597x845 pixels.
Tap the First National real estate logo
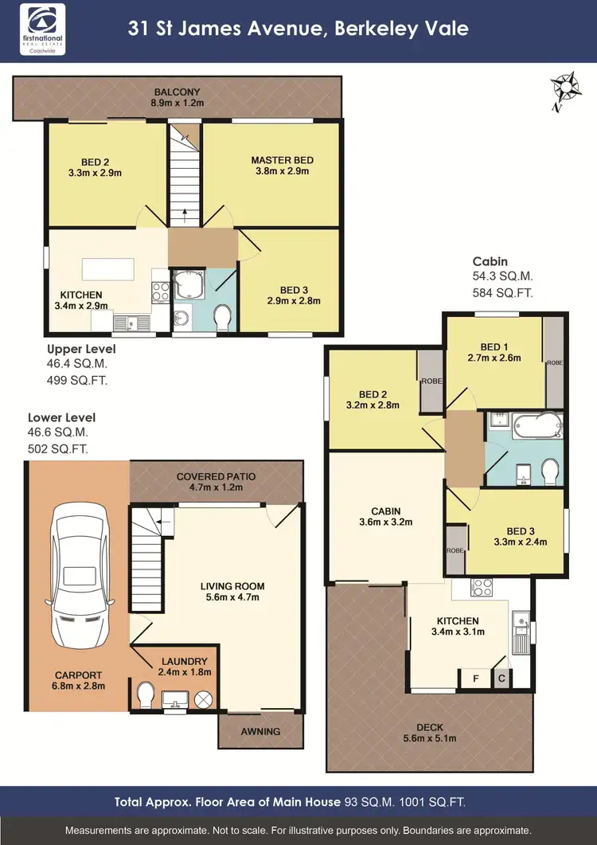pyautogui.click(x=45, y=29)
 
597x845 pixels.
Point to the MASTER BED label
pyautogui.click(x=283, y=160)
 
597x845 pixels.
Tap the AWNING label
pyautogui.click(x=260, y=731)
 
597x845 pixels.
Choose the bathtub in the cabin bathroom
pyautogui.click(x=525, y=425)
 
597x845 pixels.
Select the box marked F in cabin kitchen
pyautogui.click(x=476, y=679)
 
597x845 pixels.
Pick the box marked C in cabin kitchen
pyautogui.click(x=502, y=679)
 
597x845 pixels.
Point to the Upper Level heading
pyautogui.click(x=81, y=349)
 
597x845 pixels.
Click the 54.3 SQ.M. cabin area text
pyautogui.click(x=502, y=276)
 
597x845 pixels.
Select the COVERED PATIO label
pyautogui.click(x=217, y=475)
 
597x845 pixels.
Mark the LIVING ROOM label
pyautogui.click(x=232, y=585)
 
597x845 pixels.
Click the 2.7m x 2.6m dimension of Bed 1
pyautogui.click(x=494, y=358)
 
